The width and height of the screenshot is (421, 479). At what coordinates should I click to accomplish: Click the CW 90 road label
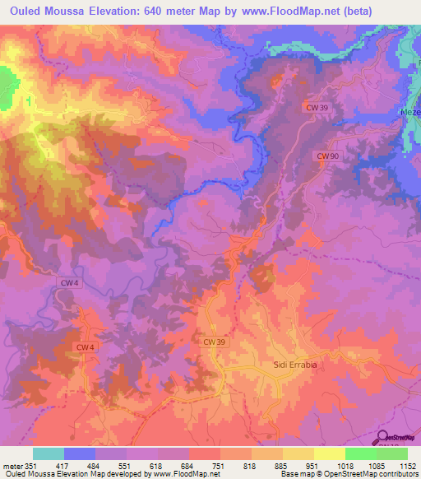pos(327,156)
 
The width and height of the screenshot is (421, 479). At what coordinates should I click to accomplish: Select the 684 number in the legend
pos(187,466)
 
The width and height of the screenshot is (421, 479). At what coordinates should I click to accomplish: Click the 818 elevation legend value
pos(251,466)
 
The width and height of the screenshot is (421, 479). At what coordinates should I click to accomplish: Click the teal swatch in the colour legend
pos(49,453)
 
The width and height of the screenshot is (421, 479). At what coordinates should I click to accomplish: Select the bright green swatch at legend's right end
pos(391,453)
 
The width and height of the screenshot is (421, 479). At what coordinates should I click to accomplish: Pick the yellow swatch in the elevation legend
pos(329,453)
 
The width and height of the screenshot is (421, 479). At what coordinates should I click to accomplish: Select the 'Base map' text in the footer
pos(294,475)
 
